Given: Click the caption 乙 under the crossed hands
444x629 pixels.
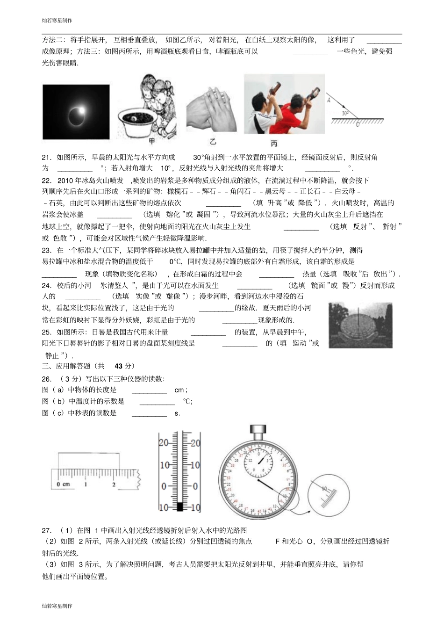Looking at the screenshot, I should pyautogui.click(x=213, y=142).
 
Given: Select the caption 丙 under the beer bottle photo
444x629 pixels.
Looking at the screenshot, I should pyautogui.click(x=274, y=143).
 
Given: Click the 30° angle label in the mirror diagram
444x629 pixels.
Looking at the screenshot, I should pyautogui.click(x=345, y=113).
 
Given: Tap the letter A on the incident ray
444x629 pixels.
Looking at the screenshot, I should pyautogui.click(x=329, y=100).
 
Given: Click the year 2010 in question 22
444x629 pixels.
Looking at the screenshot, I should pyautogui.click(x=65, y=181).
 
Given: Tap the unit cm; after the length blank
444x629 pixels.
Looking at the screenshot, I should pyautogui.click(x=181, y=390).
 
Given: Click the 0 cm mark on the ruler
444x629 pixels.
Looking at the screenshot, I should pyautogui.click(x=63, y=484).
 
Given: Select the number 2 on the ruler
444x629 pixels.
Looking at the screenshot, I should pyautogui.click(x=114, y=484).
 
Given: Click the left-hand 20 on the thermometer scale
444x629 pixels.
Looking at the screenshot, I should pyautogui.click(x=164, y=443).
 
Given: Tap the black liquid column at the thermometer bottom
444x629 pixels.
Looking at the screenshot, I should pyautogui.click(x=179, y=506).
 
